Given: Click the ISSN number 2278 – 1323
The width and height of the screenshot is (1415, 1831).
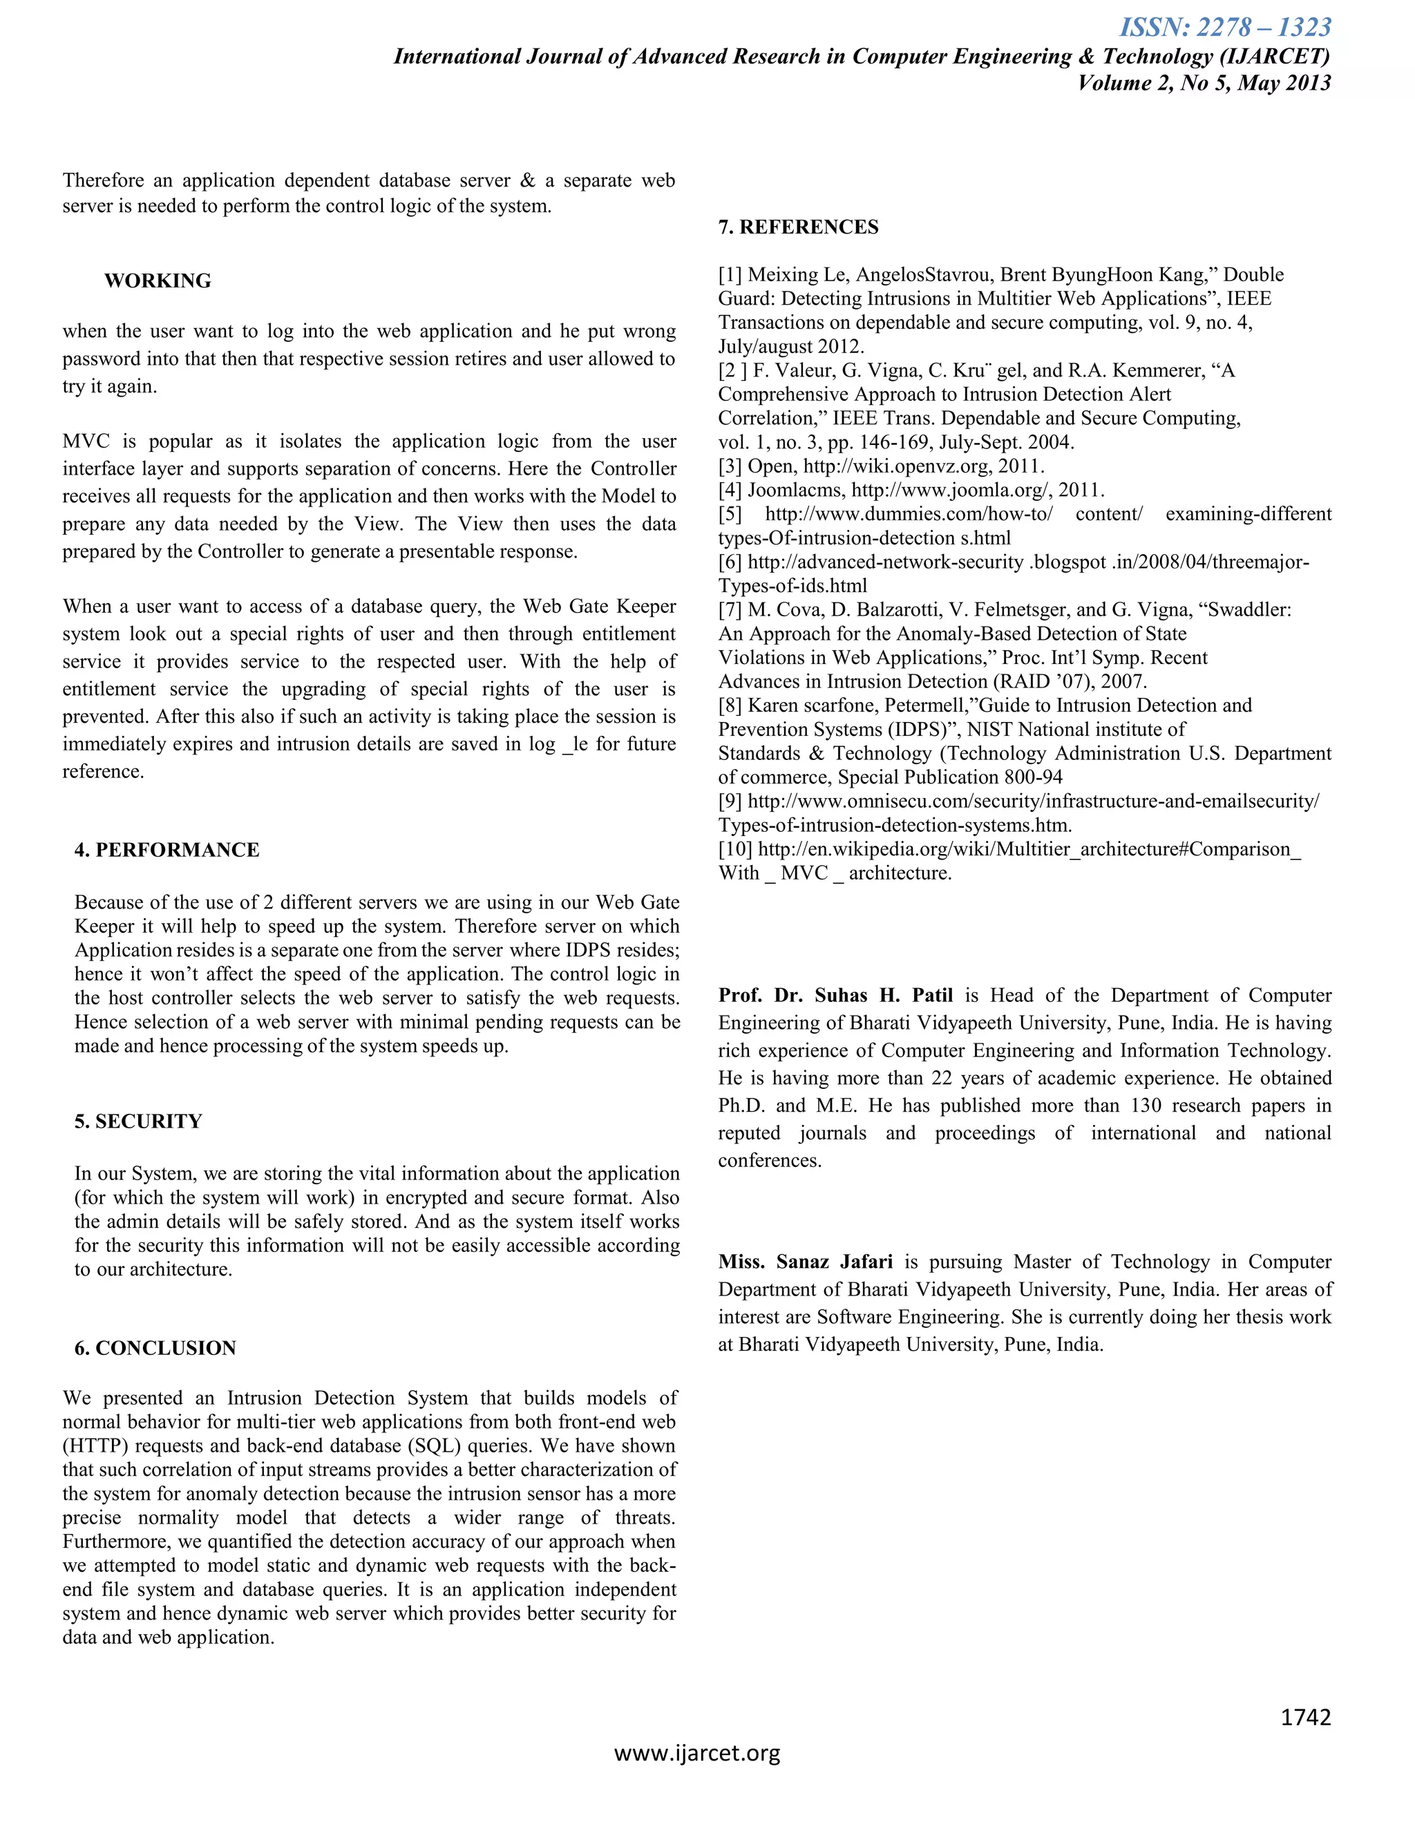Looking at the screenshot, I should [1225, 27].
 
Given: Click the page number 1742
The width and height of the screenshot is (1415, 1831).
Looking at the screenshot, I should [1305, 1718].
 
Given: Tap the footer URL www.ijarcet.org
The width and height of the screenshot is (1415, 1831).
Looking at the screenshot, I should [696, 1753].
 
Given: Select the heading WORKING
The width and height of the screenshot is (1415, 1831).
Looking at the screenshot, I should [158, 281].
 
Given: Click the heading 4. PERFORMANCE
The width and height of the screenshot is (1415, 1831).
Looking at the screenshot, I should [167, 850].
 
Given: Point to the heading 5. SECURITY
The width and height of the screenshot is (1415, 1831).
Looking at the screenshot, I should [138, 1121].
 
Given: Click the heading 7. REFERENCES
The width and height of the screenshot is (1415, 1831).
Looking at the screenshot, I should [798, 227].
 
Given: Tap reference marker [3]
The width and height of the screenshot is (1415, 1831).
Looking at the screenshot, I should [730, 466].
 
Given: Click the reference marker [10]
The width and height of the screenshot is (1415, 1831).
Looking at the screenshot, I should [735, 849].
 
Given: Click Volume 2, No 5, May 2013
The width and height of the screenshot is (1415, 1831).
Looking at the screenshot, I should [1204, 83].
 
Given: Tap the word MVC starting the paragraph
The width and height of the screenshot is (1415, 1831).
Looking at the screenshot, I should [86, 442].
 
